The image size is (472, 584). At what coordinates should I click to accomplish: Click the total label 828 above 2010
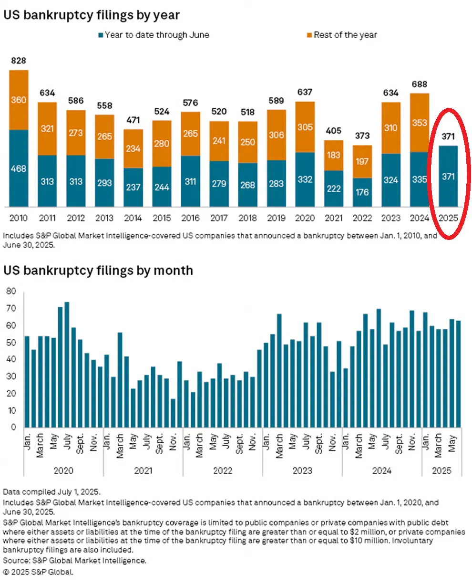tap(19, 61)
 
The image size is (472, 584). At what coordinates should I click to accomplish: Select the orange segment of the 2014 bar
tap(133, 148)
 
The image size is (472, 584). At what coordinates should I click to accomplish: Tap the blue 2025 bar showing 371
tap(448, 177)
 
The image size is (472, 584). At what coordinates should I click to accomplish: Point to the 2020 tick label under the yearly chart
tap(305, 218)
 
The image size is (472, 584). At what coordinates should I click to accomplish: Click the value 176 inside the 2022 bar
tap(362, 192)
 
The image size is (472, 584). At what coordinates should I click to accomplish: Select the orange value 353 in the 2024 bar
tap(419, 123)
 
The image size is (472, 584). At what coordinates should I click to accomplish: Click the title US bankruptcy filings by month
tap(98, 271)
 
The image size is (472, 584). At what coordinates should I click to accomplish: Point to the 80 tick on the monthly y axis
tap(10, 291)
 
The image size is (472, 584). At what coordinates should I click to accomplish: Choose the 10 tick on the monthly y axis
tap(10, 410)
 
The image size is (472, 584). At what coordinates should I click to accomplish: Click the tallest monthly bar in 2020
tap(67, 365)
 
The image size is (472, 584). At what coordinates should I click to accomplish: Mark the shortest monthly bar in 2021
tap(173, 413)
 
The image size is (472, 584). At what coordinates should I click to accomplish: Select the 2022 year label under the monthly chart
tap(222, 471)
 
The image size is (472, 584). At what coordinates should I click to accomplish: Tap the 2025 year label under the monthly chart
tap(441, 471)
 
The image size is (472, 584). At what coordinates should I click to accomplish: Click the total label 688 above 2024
tap(419, 84)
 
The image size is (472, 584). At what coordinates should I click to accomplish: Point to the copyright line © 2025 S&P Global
tap(39, 572)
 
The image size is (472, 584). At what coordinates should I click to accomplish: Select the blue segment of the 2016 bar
tap(190, 181)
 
